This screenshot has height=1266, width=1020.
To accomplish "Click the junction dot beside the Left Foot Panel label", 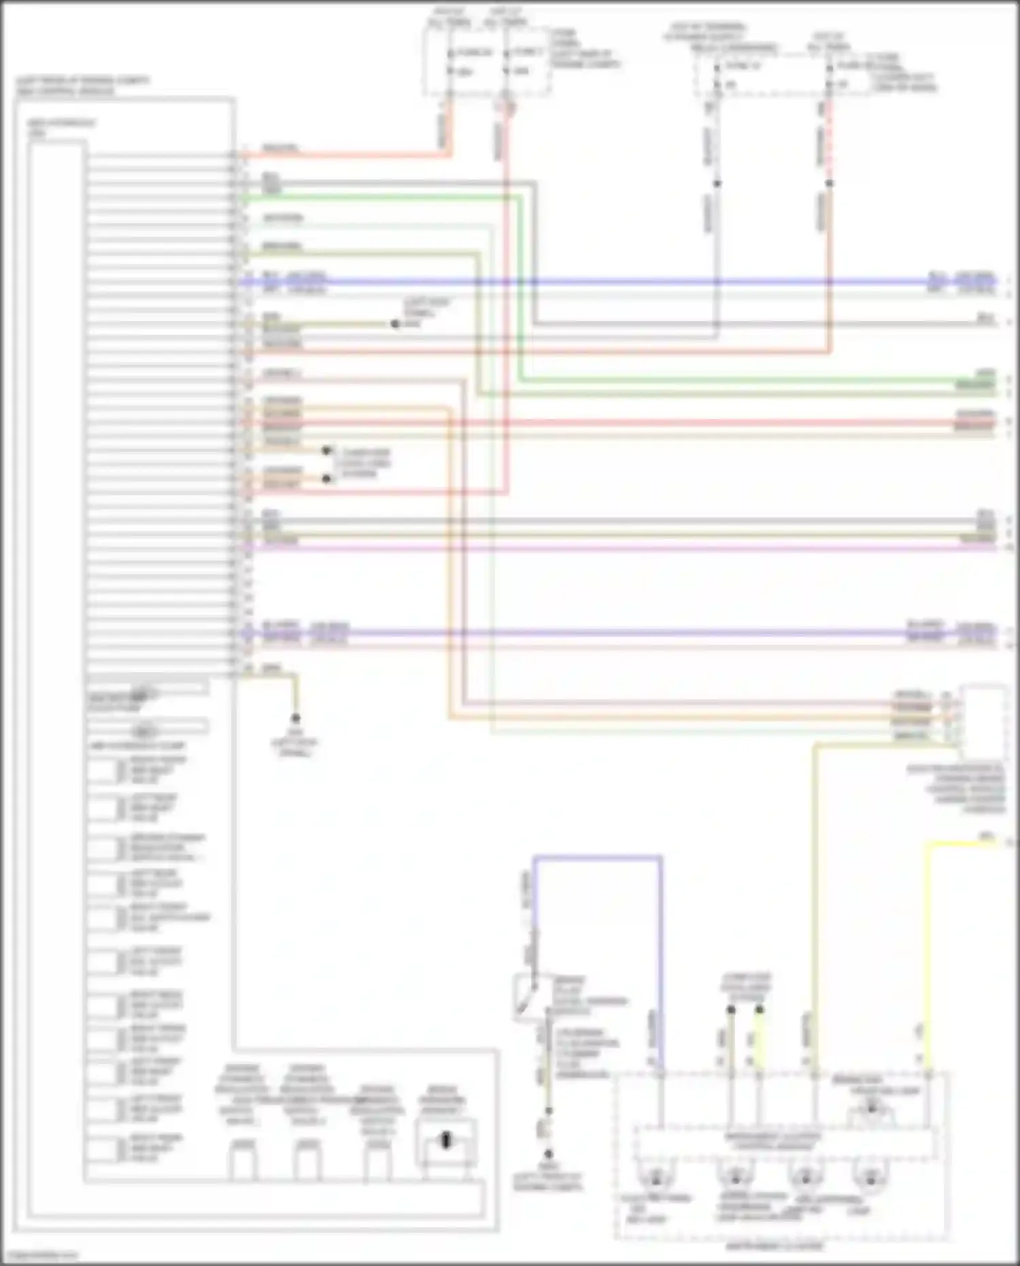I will tap(395, 324).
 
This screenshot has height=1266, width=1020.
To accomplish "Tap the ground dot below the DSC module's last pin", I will tap(296, 718).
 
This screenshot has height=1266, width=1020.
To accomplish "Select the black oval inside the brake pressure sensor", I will tap(446, 1140).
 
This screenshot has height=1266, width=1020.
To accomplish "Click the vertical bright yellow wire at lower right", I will tap(929, 952).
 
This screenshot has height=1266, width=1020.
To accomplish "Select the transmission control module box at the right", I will tap(983, 721).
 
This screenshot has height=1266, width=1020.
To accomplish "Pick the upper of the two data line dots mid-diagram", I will tap(326, 451).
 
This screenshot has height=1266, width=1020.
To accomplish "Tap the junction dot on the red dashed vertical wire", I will tap(829, 183).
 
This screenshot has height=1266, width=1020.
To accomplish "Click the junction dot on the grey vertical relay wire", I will tap(717, 183).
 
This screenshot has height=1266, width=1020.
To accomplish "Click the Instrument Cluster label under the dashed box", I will tap(775, 1246).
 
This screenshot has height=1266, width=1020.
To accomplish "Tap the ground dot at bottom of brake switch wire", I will tap(548, 1154).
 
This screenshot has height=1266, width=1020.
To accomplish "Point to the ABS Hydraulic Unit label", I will tap(61, 127).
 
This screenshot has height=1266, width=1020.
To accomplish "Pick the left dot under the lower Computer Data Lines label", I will tap(731, 1010).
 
